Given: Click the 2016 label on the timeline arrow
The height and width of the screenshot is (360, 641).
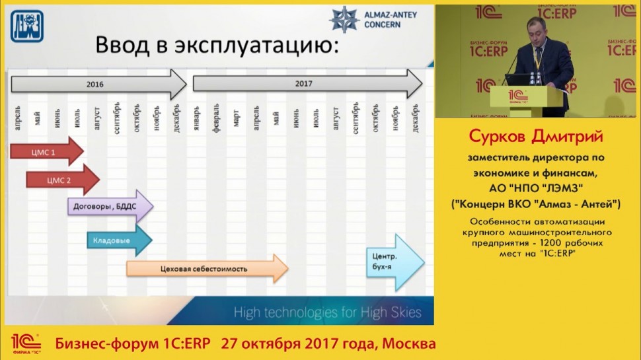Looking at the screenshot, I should click(x=95, y=85).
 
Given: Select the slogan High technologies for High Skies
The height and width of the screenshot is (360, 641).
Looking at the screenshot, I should click(x=327, y=312).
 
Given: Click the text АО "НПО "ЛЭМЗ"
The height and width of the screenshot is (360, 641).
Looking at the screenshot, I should click(x=536, y=188).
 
